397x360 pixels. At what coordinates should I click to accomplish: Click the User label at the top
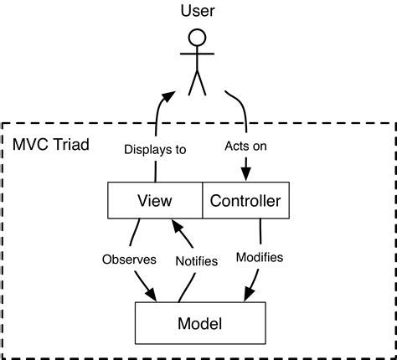198,10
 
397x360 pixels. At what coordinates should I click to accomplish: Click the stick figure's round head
198,38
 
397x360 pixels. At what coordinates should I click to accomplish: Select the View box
155,201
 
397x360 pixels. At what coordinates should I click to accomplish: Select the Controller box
245,201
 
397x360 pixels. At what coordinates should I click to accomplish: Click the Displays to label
155,150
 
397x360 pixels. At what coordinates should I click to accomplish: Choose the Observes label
129,259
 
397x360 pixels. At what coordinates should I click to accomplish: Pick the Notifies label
197,260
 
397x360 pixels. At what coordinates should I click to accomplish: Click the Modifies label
260,257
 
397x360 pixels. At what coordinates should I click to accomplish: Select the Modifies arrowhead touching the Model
249,296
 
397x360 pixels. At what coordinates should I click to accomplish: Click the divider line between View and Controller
203,201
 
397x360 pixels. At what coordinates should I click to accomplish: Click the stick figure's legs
198,82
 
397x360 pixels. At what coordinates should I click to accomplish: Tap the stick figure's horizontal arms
198,55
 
